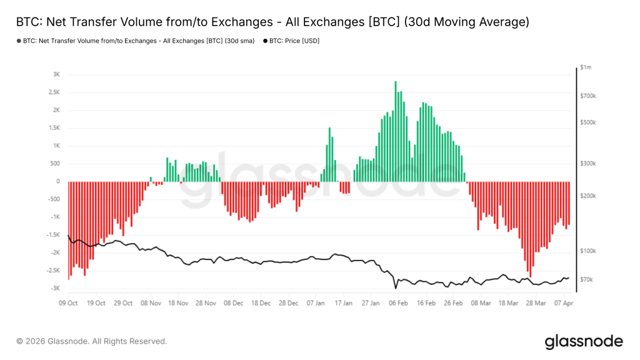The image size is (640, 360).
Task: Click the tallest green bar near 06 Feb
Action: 396,131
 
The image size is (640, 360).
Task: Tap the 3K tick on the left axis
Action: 56,74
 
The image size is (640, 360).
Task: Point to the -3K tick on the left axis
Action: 55,289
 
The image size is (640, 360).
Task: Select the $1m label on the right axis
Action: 586,67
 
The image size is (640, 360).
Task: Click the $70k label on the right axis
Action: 587,279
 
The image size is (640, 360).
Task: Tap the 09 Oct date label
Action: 68,303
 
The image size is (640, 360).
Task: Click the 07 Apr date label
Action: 564,303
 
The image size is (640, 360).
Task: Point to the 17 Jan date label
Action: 343,303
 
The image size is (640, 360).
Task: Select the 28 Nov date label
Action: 206,303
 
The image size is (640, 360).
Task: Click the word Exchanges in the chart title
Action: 242,22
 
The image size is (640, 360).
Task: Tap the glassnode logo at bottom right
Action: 583,341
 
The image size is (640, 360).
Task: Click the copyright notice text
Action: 91,341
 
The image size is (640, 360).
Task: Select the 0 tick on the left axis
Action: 58,181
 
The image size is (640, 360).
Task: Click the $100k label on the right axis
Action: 589,251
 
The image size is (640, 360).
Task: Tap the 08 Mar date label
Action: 481,303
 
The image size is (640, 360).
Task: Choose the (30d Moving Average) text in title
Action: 466,22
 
